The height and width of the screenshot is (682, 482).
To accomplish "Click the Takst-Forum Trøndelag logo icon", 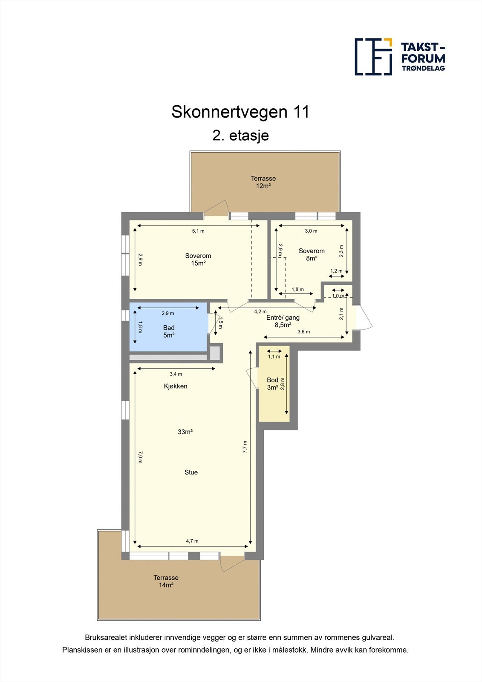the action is (x=373, y=57).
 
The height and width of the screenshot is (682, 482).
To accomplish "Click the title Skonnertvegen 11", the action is (x=240, y=112).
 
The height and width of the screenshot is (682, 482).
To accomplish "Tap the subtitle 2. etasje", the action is (x=240, y=136).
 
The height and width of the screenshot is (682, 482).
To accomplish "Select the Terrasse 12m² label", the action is (x=263, y=182).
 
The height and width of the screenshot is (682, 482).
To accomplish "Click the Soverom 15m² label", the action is (x=198, y=260).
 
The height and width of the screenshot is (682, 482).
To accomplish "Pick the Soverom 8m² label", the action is (x=312, y=254).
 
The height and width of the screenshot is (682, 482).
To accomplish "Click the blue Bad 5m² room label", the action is (x=169, y=331).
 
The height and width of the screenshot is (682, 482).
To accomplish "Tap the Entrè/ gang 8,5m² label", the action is (x=283, y=321).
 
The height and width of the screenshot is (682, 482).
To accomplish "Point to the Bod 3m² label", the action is (x=272, y=384).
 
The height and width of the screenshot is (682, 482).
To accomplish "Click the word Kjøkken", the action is (x=176, y=386).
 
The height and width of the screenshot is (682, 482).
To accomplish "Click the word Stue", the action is (x=191, y=472).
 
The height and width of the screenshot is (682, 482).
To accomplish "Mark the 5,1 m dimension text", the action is (x=198, y=231).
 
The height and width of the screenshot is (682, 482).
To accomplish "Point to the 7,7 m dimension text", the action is (x=245, y=447).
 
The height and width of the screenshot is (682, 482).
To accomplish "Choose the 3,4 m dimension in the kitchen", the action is (x=176, y=374).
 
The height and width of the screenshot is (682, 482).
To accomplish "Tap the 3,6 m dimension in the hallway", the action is (x=303, y=332).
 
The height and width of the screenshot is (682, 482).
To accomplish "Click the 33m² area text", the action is (x=185, y=432).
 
